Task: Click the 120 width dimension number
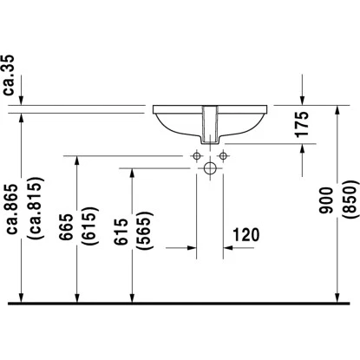[248, 235]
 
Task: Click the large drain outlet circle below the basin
[209, 169]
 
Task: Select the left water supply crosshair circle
[196, 155]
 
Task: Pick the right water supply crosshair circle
[222, 155]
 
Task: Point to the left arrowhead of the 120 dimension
[193, 248]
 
